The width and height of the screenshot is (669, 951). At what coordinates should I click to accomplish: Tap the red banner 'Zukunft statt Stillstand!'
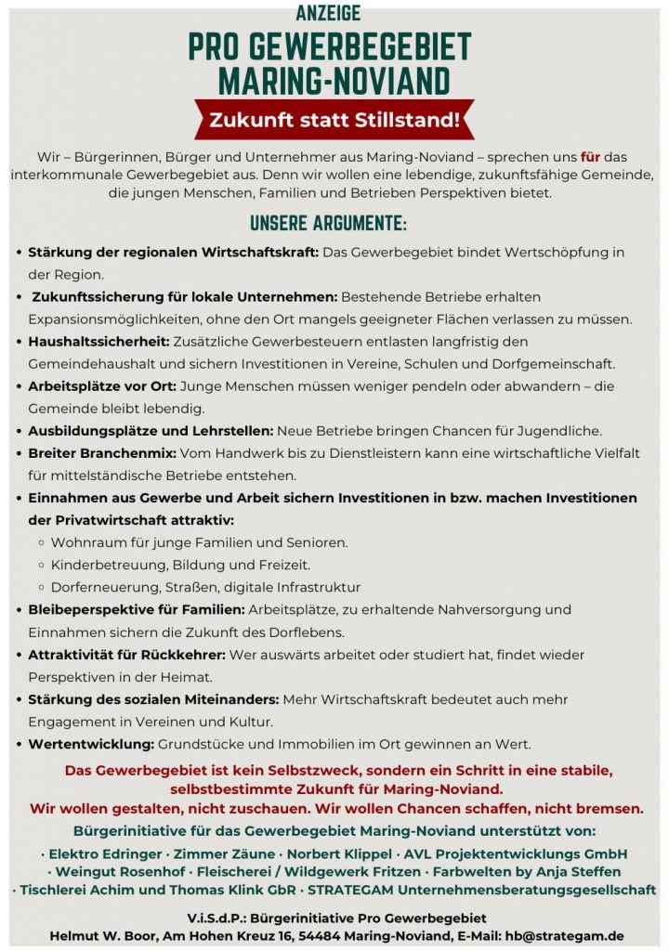[334, 119]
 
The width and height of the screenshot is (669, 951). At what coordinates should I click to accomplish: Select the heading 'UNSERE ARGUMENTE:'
[328, 225]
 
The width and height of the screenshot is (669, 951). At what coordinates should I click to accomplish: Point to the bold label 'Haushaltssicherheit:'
[99, 342]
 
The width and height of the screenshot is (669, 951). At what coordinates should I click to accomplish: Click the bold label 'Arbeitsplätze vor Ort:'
[102, 386]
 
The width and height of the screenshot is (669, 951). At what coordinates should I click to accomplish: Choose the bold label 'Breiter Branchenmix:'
[101, 453]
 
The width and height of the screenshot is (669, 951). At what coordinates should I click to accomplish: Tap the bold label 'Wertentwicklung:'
[91, 744]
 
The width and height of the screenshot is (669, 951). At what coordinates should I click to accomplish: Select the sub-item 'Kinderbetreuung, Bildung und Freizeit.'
[181, 565]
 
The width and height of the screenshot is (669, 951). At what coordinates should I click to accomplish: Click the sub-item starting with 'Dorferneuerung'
[205, 587]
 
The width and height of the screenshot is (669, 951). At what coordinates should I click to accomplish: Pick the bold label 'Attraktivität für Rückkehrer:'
[127, 655]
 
